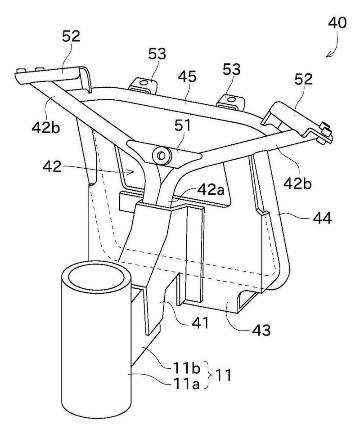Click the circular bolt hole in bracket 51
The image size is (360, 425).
click(x=161, y=156)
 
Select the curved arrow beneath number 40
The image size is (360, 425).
click(x=335, y=49)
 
